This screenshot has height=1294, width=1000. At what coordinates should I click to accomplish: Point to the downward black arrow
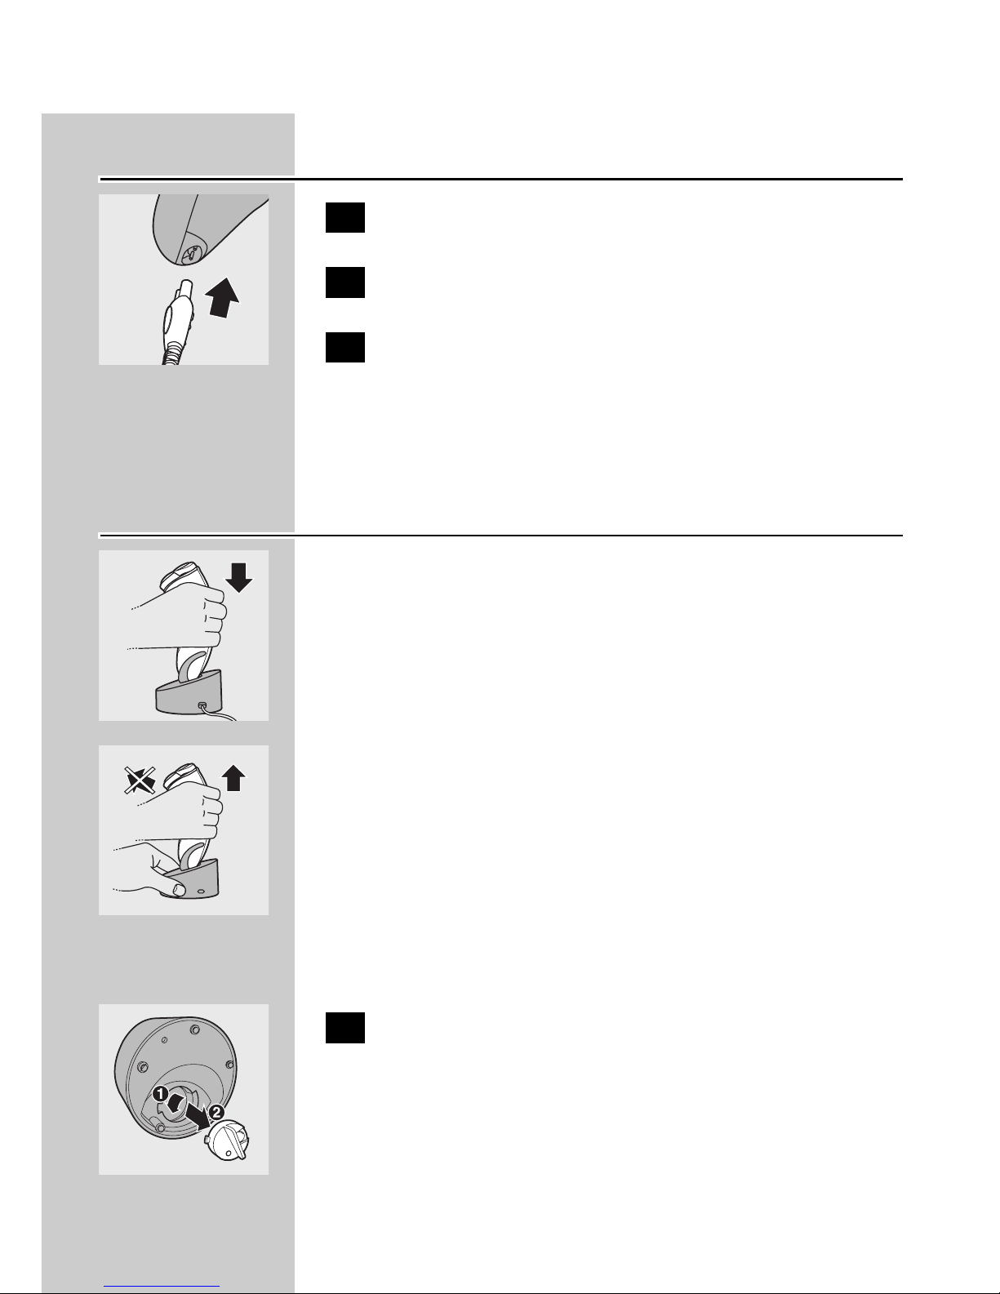[x=238, y=578]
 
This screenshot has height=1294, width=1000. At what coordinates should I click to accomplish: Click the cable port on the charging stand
[x=202, y=705]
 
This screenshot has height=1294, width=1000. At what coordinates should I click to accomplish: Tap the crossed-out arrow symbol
[x=140, y=780]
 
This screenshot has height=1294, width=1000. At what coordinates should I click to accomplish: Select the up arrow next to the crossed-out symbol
[x=233, y=778]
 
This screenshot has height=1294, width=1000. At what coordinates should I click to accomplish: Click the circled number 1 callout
[x=160, y=1094]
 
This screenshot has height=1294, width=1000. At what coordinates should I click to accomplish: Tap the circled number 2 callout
[x=216, y=1112]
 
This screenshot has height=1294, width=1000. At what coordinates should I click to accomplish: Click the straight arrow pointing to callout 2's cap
[x=197, y=1116]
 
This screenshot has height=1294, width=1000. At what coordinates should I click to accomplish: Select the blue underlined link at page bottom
[x=162, y=1286]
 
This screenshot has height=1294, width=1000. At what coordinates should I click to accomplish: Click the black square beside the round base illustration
[x=344, y=1027]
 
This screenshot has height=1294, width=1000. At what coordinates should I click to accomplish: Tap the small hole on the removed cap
[x=228, y=1154]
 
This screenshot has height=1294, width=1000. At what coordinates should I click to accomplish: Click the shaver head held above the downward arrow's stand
[x=179, y=574]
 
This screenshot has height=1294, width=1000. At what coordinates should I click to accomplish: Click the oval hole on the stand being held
[x=201, y=892]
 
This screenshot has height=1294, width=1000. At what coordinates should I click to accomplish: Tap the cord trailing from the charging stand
[x=220, y=714]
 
